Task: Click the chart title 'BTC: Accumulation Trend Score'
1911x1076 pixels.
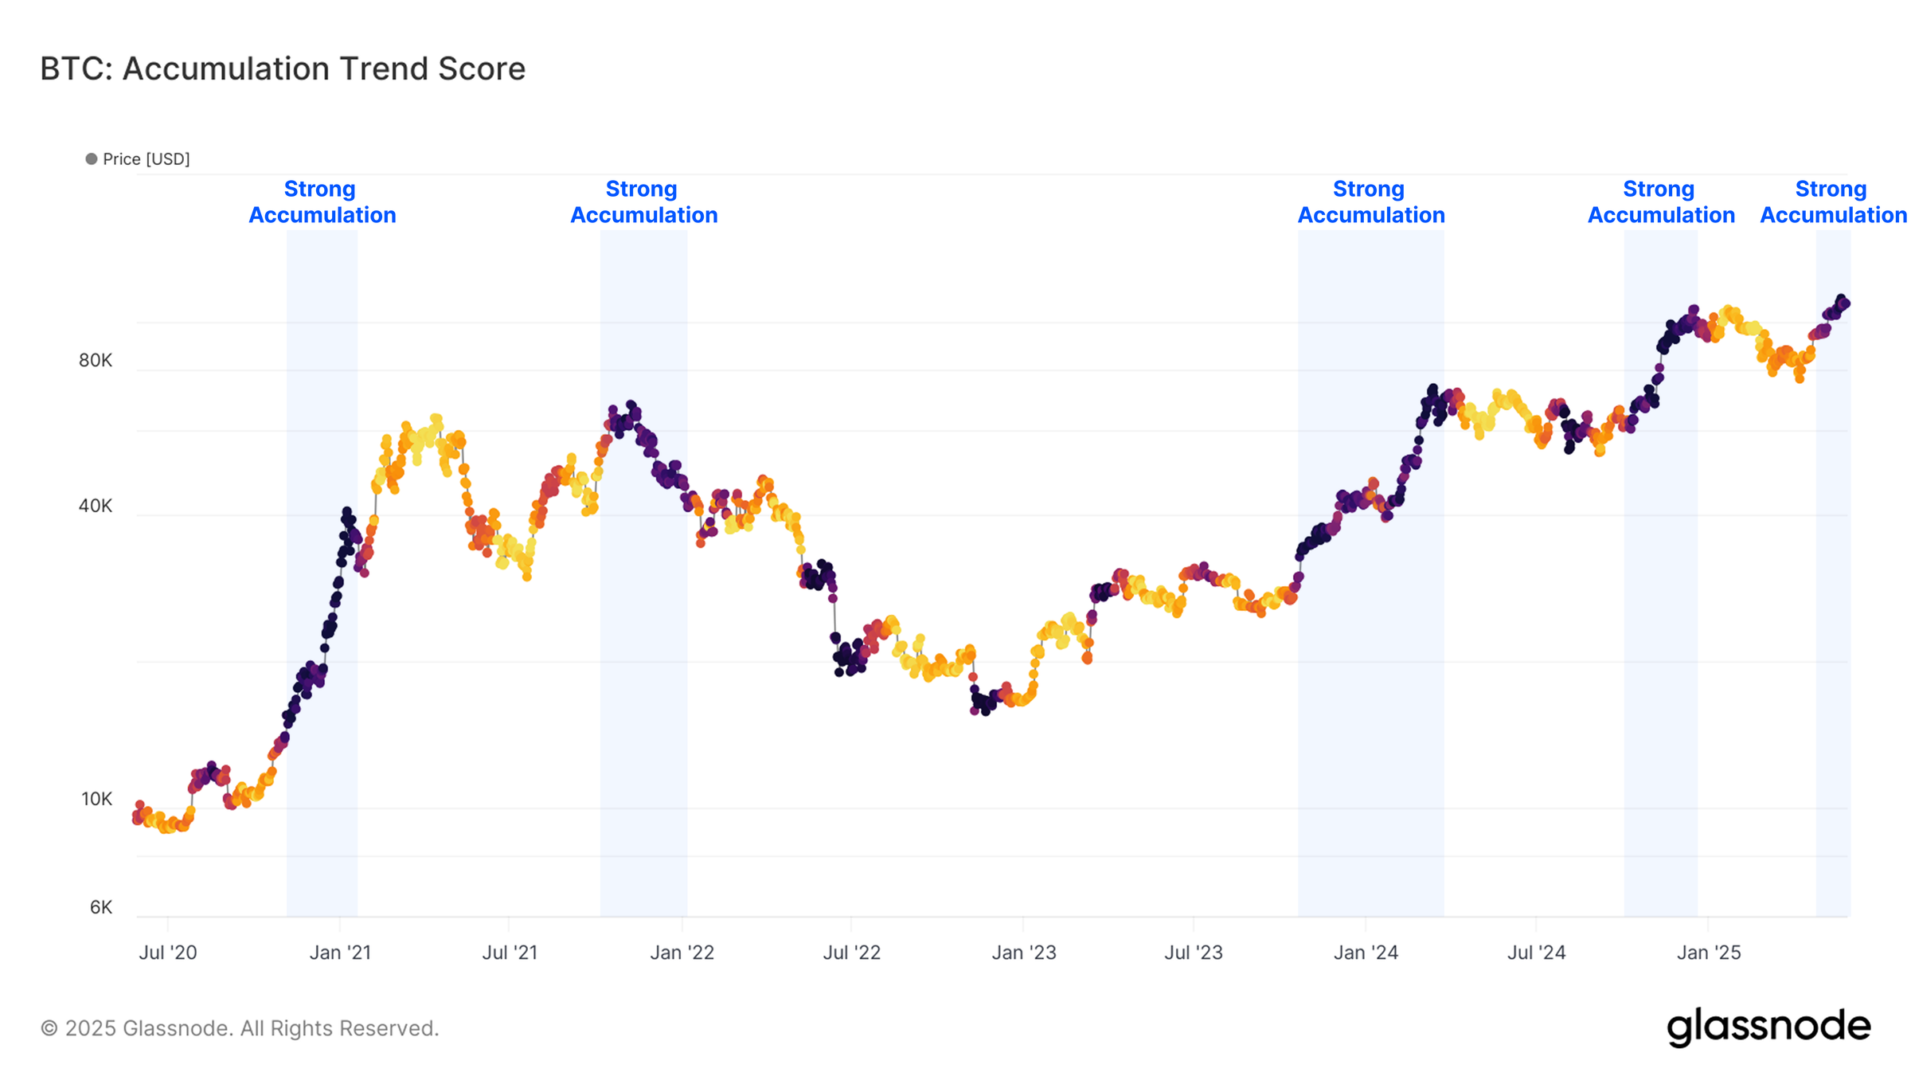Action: click(x=283, y=69)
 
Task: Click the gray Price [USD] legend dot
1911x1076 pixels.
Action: click(x=92, y=159)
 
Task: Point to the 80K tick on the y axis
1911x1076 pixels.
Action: click(x=96, y=361)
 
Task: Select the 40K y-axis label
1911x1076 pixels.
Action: click(x=96, y=507)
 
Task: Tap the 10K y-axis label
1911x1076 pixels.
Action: click(x=96, y=800)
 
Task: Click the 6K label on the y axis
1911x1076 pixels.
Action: click(x=101, y=908)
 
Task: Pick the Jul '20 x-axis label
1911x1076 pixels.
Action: click(x=168, y=953)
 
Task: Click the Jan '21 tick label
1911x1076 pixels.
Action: click(x=340, y=953)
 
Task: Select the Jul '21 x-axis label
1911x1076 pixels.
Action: click(x=510, y=953)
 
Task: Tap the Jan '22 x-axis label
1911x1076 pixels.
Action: click(x=682, y=953)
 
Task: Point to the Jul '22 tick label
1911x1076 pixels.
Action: click(x=852, y=953)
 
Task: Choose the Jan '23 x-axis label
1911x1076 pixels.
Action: click(x=1024, y=953)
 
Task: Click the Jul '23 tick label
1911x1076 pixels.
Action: click(x=1194, y=953)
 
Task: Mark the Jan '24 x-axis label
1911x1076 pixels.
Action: click(x=1366, y=953)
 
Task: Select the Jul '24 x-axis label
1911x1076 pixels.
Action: click(x=1537, y=953)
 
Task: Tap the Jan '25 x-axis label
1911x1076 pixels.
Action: click(x=1709, y=953)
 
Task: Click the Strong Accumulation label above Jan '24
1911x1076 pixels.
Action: click(x=1371, y=202)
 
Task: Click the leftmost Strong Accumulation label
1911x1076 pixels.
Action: click(x=322, y=202)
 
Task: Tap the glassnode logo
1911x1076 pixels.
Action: click(x=1768, y=1027)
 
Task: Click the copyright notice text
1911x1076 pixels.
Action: click(x=240, y=1029)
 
